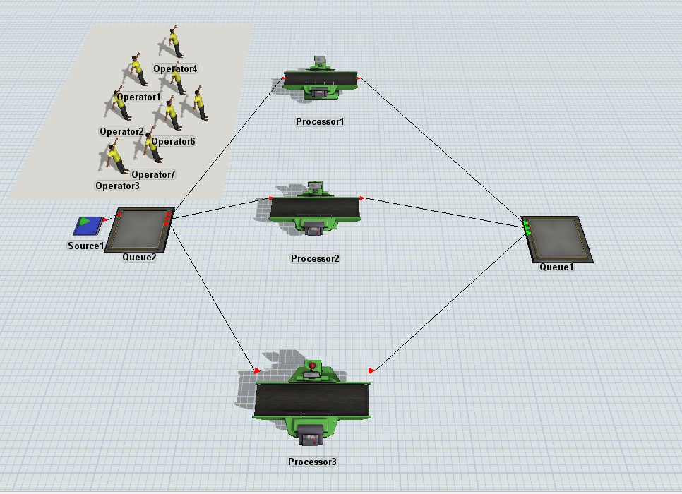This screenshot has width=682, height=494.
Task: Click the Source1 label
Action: (x=86, y=246)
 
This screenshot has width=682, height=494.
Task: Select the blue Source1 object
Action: (x=88, y=226)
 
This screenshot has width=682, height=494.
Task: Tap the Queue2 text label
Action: (x=139, y=257)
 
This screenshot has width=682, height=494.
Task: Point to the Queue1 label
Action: (x=557, y=267)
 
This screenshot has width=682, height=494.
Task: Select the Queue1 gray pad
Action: (x=557, y=239)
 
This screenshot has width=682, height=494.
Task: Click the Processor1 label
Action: (x=320, y=122)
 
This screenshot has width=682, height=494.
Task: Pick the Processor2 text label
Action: (x=315, y=258)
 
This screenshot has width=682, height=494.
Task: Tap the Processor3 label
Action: (x=312, y=462)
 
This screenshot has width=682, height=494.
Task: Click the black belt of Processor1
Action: (x=321, y=79)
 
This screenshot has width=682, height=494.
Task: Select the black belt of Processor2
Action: (x=316, y=208)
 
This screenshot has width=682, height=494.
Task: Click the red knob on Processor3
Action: (x=312, y=366)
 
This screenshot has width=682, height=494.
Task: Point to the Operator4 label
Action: (x=175, y=68)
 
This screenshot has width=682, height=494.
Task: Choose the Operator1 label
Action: (x=139, y=97)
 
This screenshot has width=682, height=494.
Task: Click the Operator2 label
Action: (x=121, y=131)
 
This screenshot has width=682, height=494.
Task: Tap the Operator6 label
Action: (x=173, y=141)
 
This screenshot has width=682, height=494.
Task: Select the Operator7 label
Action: (x=153, y=174)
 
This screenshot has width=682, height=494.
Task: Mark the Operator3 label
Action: (x=117, y=186)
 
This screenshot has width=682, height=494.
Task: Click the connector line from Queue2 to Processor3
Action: (x=213, y=297)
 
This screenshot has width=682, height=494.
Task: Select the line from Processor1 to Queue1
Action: (x=441, y=150)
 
